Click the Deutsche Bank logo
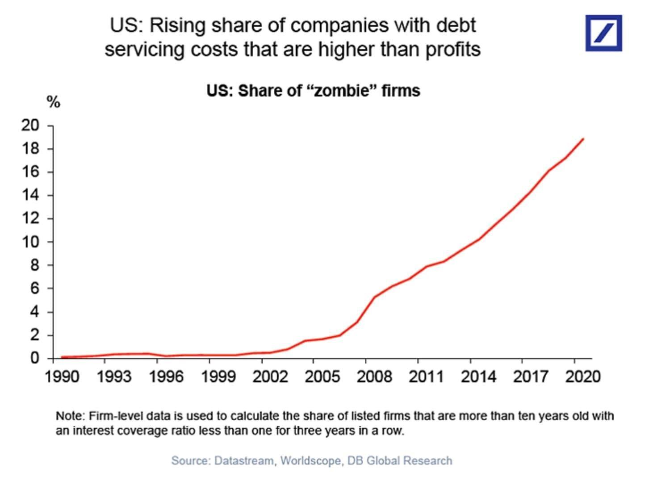coord(603,33)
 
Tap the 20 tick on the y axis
coord(30,126)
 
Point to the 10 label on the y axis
coord(30,242)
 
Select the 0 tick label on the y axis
coord(34,358)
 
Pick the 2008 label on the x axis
coord(374,377)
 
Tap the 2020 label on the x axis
coord(583,377)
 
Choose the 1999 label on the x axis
coord(218,377)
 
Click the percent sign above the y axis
coord(53,102)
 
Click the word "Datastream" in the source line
coord(244,461)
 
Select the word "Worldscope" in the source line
coord(310,461)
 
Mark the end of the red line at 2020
coord(583,139)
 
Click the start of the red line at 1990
coord(62,357)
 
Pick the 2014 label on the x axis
coord(478,377)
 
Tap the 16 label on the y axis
coord(30,172)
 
